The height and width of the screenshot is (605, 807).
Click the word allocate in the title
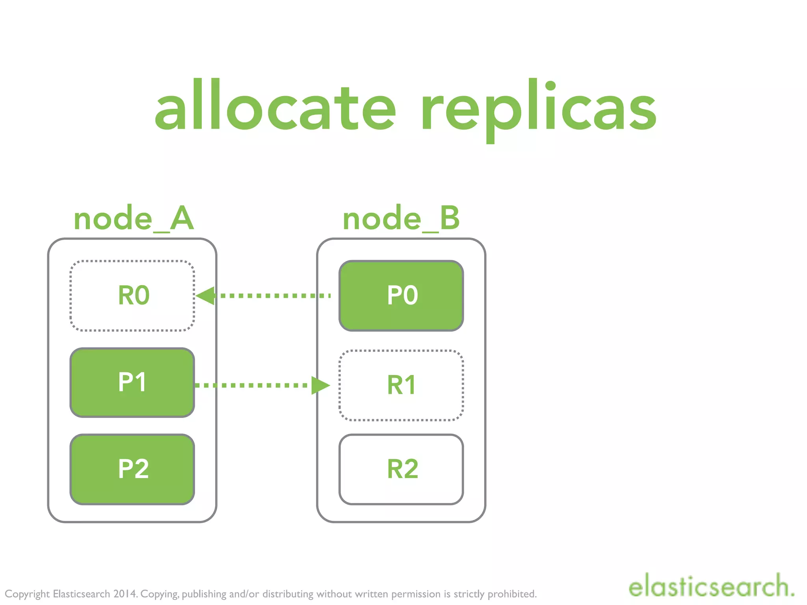(275, 105)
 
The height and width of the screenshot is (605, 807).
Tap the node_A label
(134, 219)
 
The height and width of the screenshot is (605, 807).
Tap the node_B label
(401, 219)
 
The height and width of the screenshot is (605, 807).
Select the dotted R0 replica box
(132, 295)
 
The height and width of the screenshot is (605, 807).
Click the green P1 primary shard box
(132, 382)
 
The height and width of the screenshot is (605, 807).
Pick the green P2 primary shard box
(132, 469)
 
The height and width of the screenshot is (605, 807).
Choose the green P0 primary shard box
(401, 295)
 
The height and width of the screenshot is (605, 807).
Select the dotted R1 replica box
(401, 385)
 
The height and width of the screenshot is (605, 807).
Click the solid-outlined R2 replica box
(401, 469)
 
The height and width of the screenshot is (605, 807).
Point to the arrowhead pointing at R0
(205, 295)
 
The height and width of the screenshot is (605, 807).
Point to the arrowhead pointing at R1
(320, 385)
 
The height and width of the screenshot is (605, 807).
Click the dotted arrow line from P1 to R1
(252, 385)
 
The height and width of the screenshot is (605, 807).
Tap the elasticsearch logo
(711, 586)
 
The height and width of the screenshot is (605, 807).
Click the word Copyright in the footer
(27, 594)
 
